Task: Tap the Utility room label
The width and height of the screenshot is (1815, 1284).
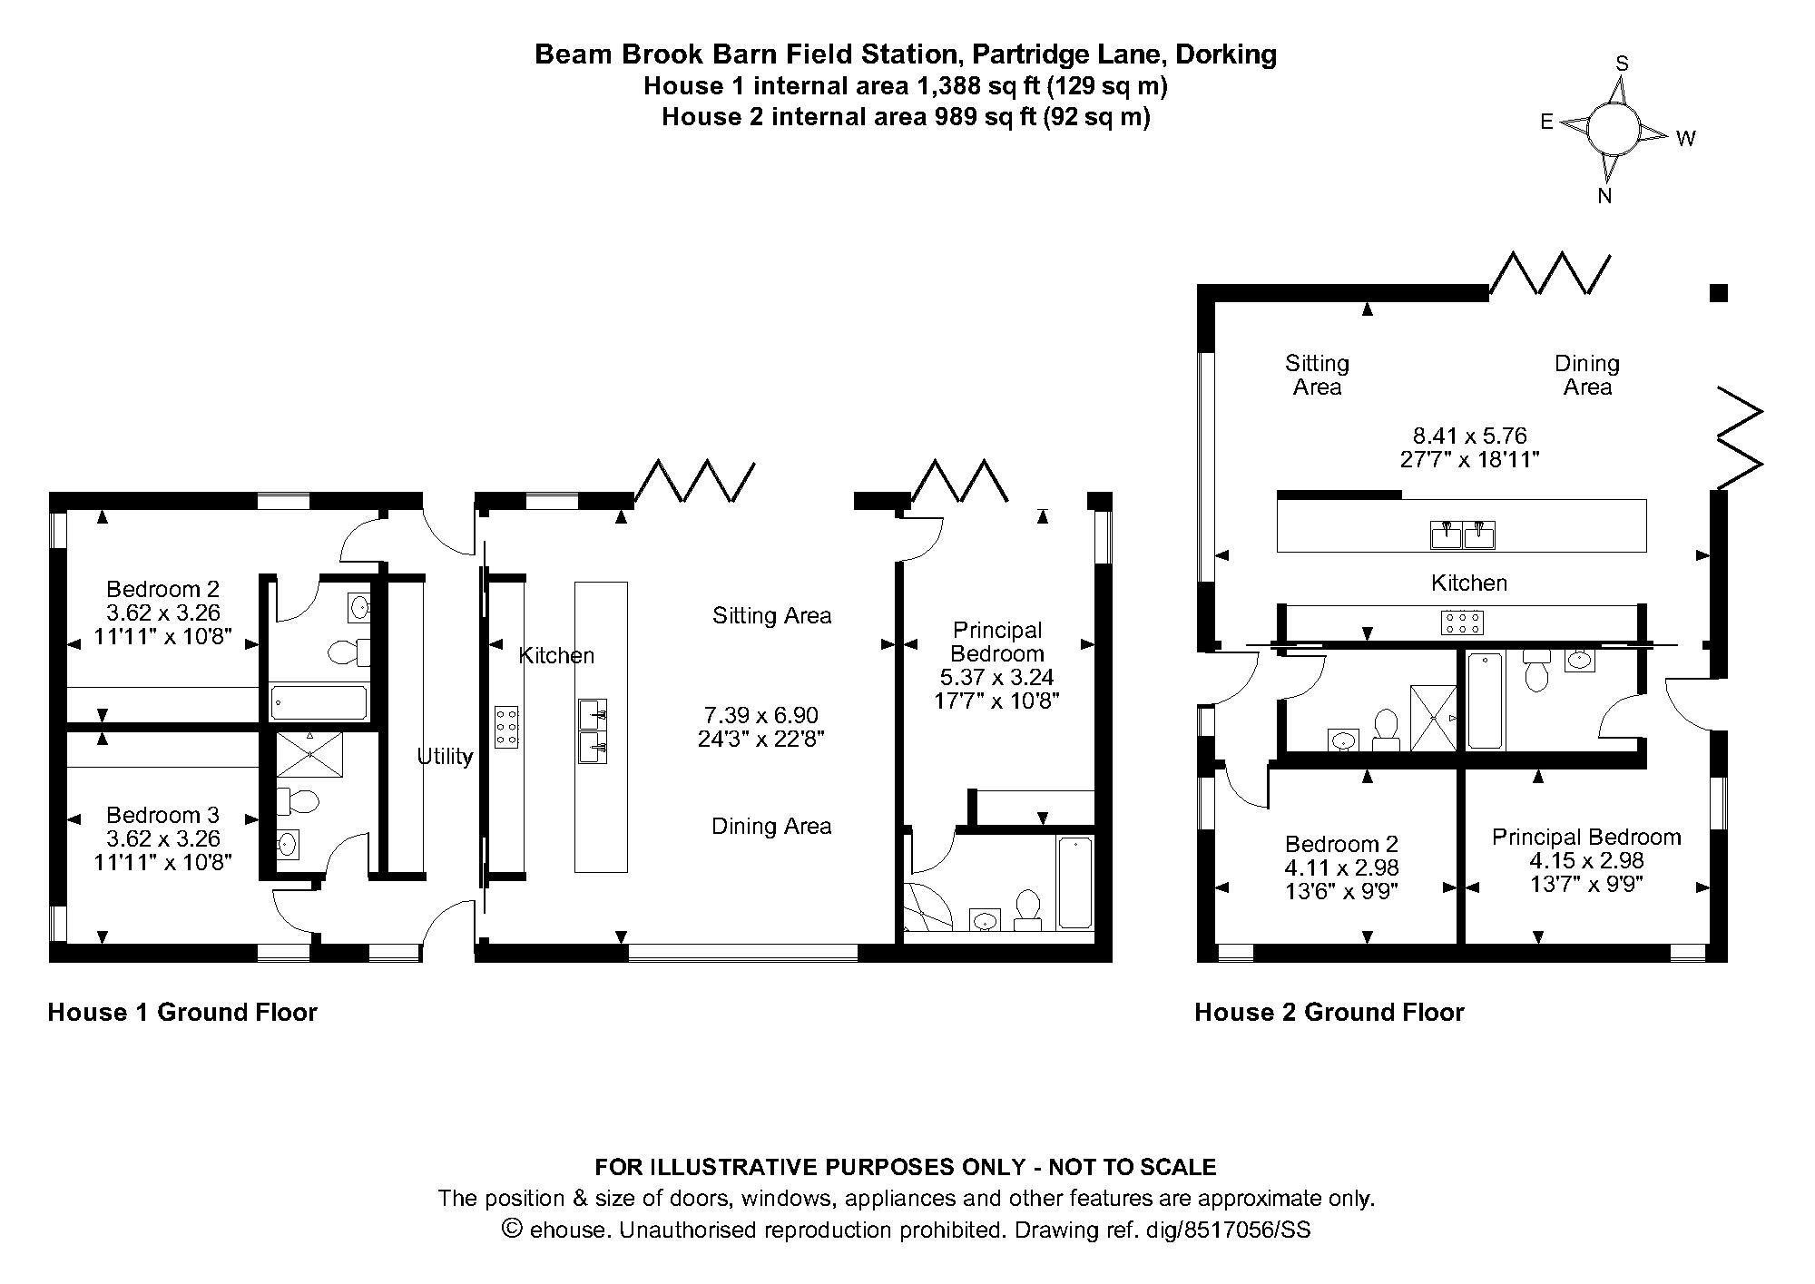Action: [x=445, y=756]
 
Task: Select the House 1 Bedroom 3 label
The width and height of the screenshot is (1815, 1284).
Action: [x=162, y=815]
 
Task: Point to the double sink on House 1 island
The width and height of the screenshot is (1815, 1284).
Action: [x=593, y=731]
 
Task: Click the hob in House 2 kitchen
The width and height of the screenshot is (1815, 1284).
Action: [x=1462, y=622]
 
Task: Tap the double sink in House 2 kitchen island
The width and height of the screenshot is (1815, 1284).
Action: [x=1463, y=534]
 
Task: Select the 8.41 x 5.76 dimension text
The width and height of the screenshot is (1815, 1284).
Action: [x=1469, y=436]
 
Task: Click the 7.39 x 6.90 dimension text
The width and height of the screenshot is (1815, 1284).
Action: [x=760, y=715]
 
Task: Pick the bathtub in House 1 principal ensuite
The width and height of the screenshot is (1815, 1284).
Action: [x=1074, y=882]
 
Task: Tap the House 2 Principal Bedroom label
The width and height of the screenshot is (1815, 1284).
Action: [x=1585, y=837]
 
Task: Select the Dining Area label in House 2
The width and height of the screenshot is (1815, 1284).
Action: [x=1586, y=375]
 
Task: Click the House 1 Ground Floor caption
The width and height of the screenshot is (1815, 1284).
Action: [x=182, y=1013]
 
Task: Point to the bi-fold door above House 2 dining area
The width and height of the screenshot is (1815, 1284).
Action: [x=1548, y=273]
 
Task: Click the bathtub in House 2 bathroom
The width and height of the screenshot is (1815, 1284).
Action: [x=1485, y=701]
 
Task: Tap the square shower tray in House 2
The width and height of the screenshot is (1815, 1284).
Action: [x=1433, y=718]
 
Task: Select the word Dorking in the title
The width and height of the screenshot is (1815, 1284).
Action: [x=1225, y=54]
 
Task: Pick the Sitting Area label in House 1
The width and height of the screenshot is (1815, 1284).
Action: [x=771, y=616]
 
